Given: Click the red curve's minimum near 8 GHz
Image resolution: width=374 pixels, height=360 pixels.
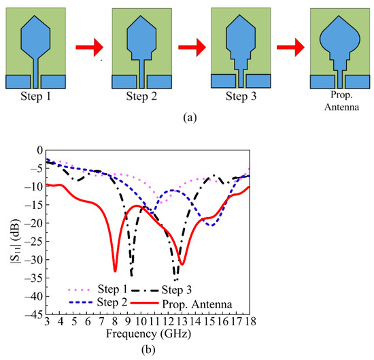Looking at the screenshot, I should [115, 271].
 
